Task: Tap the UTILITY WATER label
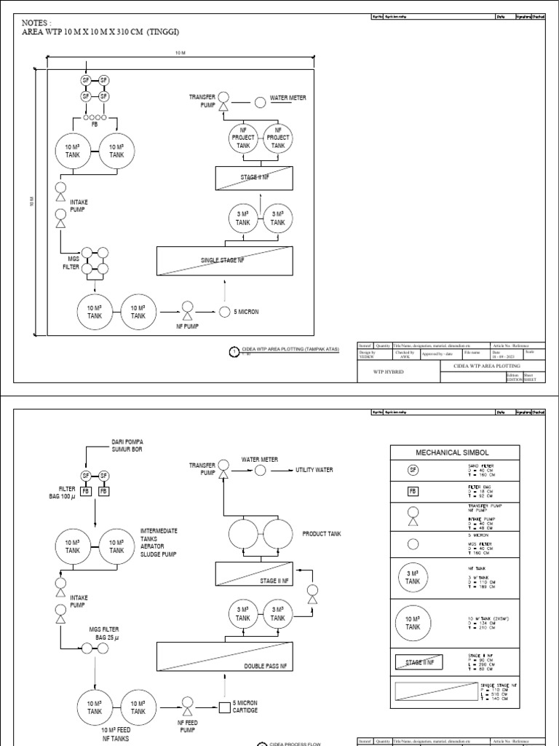314,471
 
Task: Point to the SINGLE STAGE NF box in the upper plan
225,260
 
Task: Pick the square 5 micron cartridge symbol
225,706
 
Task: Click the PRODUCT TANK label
322,534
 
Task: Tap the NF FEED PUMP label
187,726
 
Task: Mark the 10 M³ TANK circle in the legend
413,622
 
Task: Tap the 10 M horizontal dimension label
180,53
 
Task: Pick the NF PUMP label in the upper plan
187,326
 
